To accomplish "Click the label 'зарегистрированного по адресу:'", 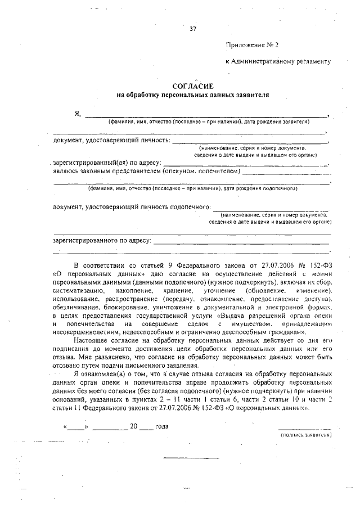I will (102, 240).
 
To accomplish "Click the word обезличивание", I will (78, 308).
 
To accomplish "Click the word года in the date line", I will (161, 426).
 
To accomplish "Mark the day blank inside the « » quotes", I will (75, 427).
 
